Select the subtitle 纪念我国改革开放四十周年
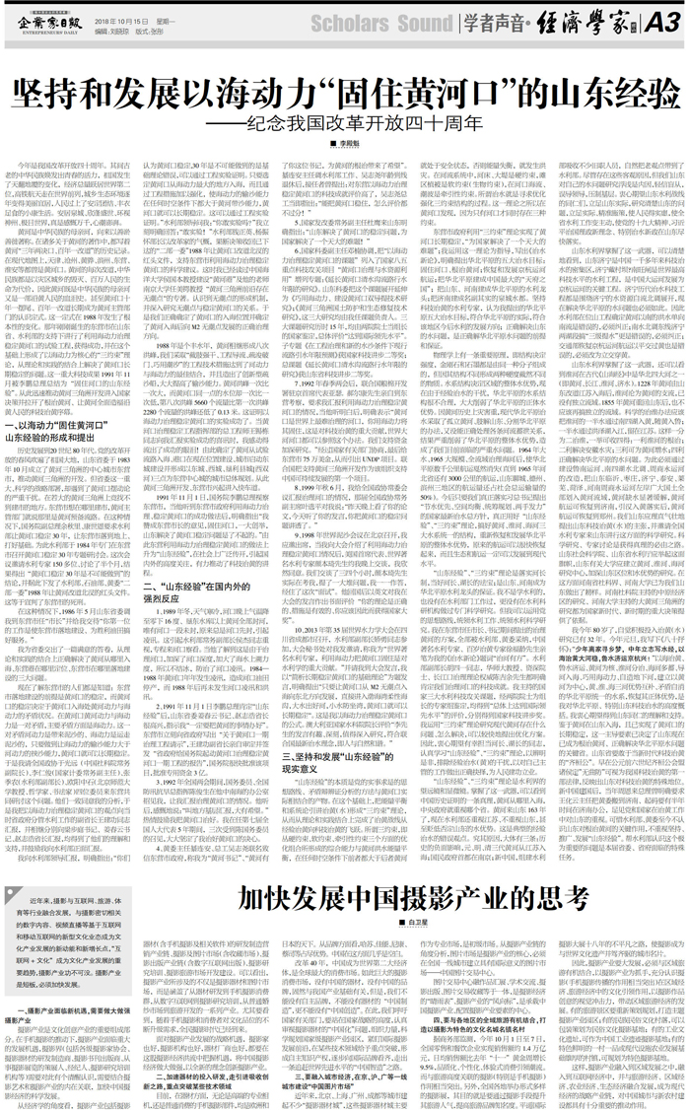pos(344,126)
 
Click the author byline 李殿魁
pos(345,146)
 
